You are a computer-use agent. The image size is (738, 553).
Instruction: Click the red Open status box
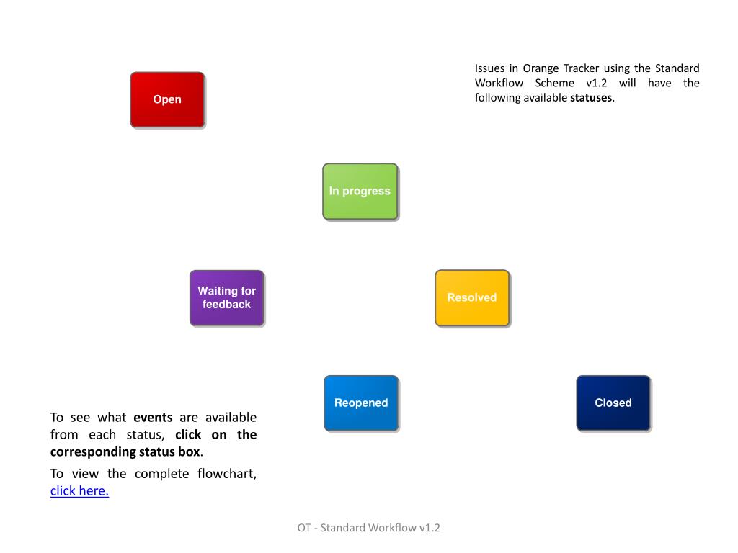click(x=167, y=99)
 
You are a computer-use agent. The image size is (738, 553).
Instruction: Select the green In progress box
click(x=360, y=191)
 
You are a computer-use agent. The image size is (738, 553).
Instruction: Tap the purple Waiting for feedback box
click(x=227, y=297)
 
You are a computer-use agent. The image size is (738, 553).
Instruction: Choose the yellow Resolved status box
click(x=472, y=297)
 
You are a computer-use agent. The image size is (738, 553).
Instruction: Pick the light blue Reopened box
click(x=361, y=403)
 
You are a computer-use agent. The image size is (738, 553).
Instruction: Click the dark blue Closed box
click(x=613, y=403)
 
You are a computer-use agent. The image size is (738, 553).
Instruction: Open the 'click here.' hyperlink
click(x=79, y=491)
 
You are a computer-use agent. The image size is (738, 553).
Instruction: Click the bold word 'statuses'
click(x=591, y=98)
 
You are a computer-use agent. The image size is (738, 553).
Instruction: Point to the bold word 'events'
click(x=153, y=418)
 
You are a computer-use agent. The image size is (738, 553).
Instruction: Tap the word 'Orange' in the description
click(x=541, y=68)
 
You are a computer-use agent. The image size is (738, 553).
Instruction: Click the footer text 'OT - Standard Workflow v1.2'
click(x=369, y=528)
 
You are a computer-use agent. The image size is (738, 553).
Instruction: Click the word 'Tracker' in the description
click(x=581, y=68)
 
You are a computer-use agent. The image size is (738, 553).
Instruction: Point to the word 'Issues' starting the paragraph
click(x=490, y=68)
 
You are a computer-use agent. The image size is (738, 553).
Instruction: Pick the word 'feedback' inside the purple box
click(x=227, y=305)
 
